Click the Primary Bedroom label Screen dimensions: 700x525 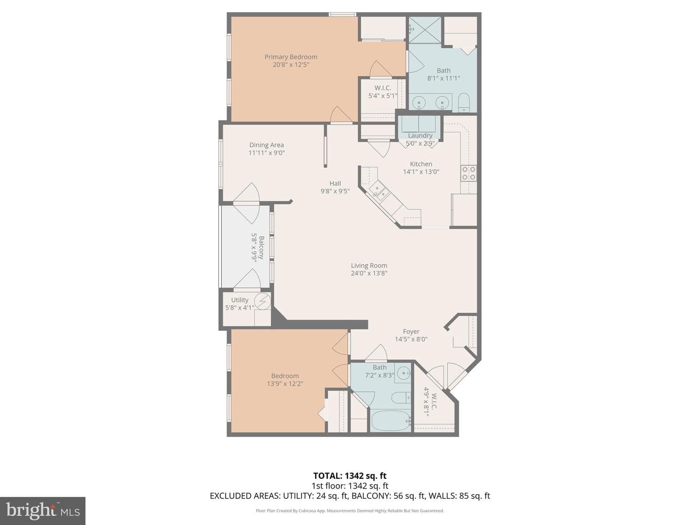pyautogui.click(x=291, y=57)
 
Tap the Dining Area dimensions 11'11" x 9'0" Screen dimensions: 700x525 pyautogui.click(x=266, y=153)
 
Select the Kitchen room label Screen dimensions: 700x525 pyautogui.click(x=421, y=164)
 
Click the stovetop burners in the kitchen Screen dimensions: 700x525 pyautogui.click(x=469, y=174)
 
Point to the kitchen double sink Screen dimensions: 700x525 pyautogui.click(x=380, y=191)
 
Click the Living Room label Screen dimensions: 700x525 pyautogui.click(x=369, y=265)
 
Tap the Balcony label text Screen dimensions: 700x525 pyautogui.click(x=262, y=247)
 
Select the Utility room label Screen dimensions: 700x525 pyautogui.click(x=240, y=300)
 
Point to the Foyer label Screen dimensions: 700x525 pyautogui.click(x=411, y=332)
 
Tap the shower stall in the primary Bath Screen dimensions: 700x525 pyautogui.click(x=425, y=30)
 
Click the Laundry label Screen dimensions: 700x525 pyautogui.click(x=420, y=136)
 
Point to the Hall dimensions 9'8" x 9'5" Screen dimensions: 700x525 pyautogui.click(x=335, y=191)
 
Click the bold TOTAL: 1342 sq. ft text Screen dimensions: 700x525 pyautogui.click(x=350, y=476)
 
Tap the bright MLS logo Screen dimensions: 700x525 pyautogui.click(x=43, y=511)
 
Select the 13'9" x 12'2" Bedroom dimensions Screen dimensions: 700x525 pyautogui.click(x=285, y=384)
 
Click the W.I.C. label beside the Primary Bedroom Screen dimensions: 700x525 pyautogui.click(x=383, y=88)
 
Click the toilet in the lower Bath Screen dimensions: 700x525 pyautogui.click(x=401, y=397)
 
